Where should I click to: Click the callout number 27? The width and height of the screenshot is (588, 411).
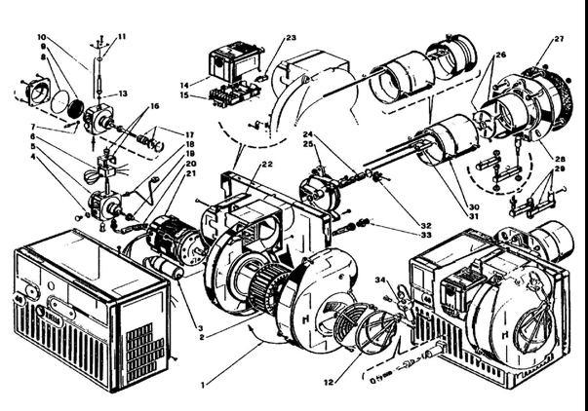pyautogui.click(x=559, y=39)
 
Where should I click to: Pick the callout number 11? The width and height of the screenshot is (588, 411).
pyautogui.click(x=122, y=36)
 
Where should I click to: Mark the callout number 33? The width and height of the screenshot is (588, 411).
pyautogui.click(x=426, y=235)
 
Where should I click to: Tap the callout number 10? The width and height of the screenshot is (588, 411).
pyautogui.click(x=42, y=38)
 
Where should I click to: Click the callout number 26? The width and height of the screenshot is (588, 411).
pyautogui.click(x=500, y=55)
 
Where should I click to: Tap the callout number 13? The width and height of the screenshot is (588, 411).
pyautogui.click(x=124, y=93)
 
